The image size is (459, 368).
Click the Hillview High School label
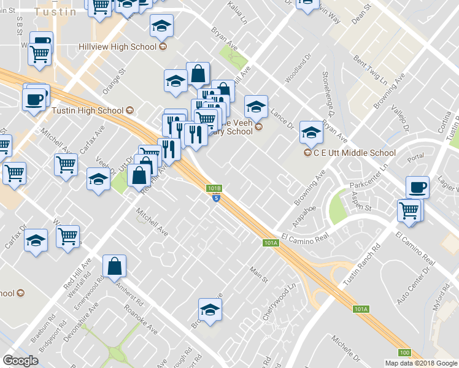click(118, 47)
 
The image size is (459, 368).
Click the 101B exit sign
click(213, 188)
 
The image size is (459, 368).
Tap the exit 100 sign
click(404, 352)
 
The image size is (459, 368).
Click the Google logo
click(20, 361)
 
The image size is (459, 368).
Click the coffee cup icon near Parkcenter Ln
click(417, 186)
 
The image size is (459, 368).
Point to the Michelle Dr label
click(345, 349)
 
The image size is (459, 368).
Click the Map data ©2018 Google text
click(422, 362)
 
